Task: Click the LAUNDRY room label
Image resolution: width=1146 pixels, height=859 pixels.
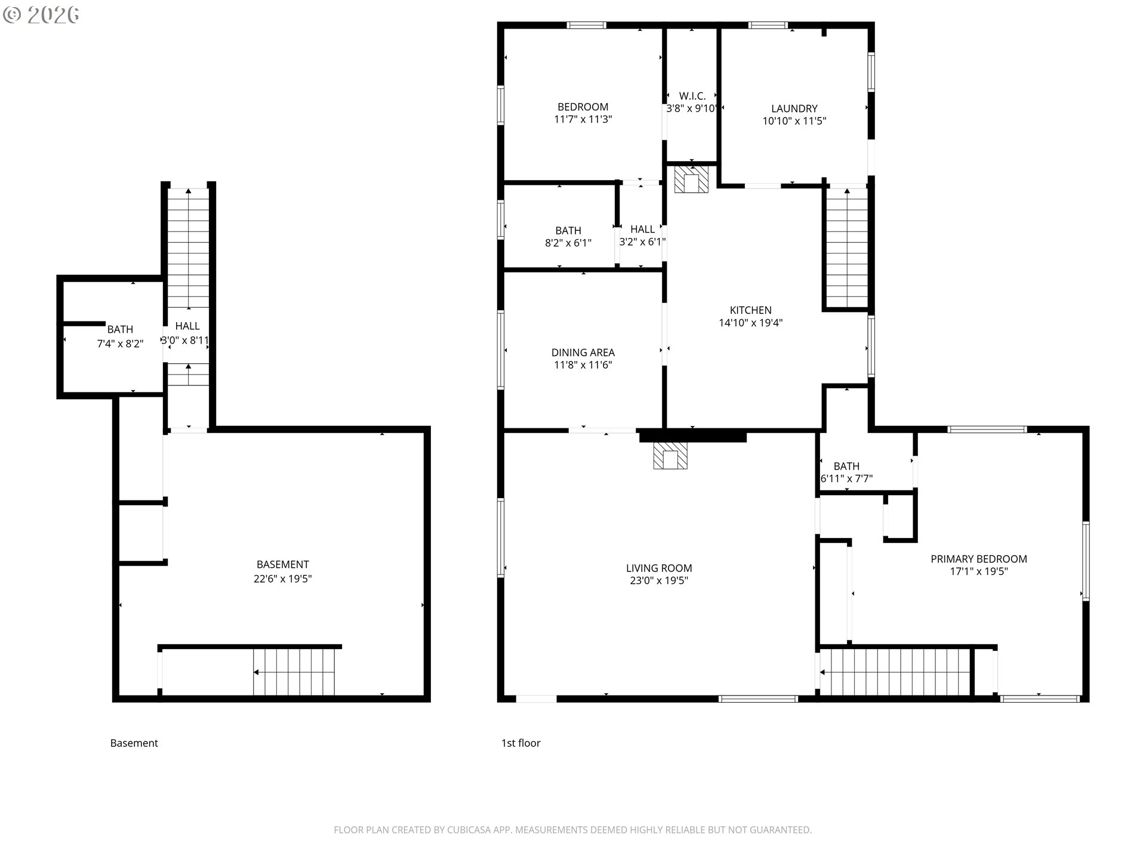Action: pos(794,109)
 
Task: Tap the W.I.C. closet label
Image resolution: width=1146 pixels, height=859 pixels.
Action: pos(692,96)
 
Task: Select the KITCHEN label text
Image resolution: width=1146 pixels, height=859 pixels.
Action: pos(751,310)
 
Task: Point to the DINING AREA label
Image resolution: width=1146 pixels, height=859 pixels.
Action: pos(583,353)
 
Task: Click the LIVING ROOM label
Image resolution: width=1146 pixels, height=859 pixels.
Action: pos(659,568)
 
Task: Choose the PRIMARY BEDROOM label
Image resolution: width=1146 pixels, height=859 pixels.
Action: pos(979,559)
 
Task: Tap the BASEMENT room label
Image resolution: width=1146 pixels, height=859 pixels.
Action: pos(283,564)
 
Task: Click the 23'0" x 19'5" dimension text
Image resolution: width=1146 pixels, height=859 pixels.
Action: pos(659,580)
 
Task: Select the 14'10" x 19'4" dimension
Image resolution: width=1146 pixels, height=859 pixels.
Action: pos(751,323)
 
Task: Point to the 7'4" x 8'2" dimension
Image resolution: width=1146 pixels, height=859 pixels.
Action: pos(120,344)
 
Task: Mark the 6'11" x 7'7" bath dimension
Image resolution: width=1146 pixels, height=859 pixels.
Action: pos(846,478)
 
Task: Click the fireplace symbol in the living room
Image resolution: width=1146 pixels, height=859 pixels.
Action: pos(670,456)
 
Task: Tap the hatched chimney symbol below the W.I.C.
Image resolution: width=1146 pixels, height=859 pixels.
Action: pos(691,179)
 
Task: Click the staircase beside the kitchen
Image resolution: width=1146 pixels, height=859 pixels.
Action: pos(847,248)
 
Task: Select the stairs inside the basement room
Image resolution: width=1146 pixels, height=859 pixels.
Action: pos(294,672)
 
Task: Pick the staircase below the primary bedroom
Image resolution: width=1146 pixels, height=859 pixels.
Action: pos(895,672)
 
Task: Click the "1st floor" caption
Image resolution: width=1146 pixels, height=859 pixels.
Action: pos(520,743)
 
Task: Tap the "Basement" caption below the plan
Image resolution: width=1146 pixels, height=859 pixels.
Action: pos(134,743)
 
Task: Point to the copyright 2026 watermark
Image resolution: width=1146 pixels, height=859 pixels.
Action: pos(41,15)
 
